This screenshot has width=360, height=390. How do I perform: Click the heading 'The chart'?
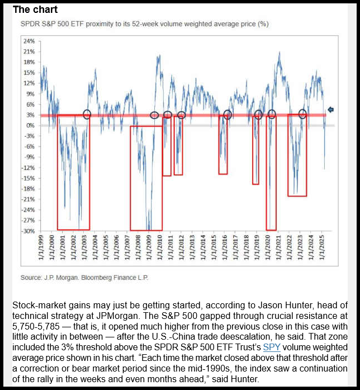pyautogui.click(x=35, y=10)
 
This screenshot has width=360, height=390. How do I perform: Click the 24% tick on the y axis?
pyautogui.click(x=29, y=41)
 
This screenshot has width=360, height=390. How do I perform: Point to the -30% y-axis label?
pyautogui.click(x=29, y=231)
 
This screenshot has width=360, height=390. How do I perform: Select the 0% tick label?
pyautogui.click(x=31, y=125)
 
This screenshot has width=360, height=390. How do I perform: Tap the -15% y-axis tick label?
pyautogui.click(x=29, y=178)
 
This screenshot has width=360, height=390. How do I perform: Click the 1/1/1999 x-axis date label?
pyautogui.click(x=41, y=247)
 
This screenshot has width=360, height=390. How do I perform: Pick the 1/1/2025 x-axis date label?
pyautogui.click(x=322, y=247)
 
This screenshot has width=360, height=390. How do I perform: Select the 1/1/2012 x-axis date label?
pyautogui.click(x=181, y=247)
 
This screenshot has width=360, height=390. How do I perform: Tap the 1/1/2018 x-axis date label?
pyautogui.click(x=246, y=247)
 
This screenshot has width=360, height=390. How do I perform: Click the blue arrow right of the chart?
pyautogui.click(x=331, y=110)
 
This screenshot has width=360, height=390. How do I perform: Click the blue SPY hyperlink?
pyautogui.click(x=272, y=347)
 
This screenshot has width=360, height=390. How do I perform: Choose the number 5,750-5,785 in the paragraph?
pyautogui.click(x=36, y=326)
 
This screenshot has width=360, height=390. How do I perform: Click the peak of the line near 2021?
pyautogui.click(x=280, y=51)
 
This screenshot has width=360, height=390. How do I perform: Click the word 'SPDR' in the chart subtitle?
pyautogui.click(x=29, y=24)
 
